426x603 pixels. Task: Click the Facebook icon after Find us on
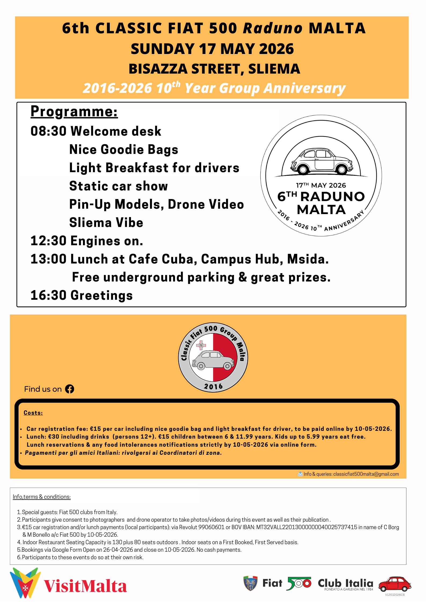pyautogui.click(x=70, y=389)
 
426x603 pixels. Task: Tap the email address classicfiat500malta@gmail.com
pyautogui.click(x=366, y=474)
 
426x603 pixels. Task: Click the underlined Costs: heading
pyautogui.click(x=33, y=413)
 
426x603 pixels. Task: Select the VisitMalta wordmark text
pyautogui.click(x=85, y=586)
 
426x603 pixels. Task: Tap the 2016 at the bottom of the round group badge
pyautogui.click(x=213, y=387)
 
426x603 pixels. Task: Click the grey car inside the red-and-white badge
pyautogui.click(x=213, y=360)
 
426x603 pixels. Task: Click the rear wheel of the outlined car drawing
pyautogui.click(x=342, y=169)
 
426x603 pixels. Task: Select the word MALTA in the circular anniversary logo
pyautogui.click(x=321, y=210)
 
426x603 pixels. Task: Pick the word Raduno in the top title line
pyautogui.click(x=272, y=28)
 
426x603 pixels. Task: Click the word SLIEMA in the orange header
pyautogui.click(x=274, y=69)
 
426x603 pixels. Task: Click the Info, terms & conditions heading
pyautogui.click(x=42, y=497)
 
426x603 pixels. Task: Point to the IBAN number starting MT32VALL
pyautogui.click(x=307, y=527)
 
